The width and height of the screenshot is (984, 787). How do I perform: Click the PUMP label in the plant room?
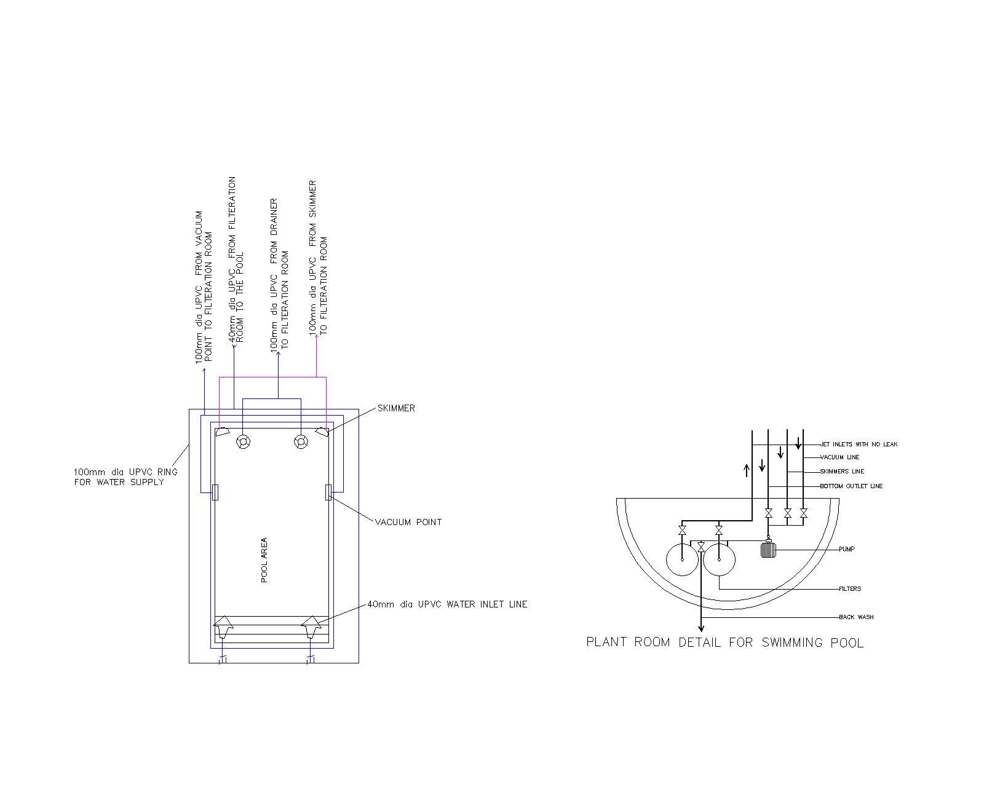(x=846, y=549)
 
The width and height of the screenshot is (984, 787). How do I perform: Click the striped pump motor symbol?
(x=768, y=549)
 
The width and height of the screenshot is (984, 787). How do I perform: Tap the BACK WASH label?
(x=856, y=617)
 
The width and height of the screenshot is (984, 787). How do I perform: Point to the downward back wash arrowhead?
(x=701, y=628)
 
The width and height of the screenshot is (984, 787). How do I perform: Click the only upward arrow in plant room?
(x=747, y=470)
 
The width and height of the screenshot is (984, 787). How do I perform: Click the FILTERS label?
(x=850, y=588)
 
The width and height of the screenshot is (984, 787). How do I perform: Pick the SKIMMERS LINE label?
(x=842, y=472)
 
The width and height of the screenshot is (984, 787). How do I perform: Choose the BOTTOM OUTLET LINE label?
(x=851, y=486)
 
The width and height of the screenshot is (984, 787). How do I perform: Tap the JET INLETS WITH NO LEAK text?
(x=859, y=444)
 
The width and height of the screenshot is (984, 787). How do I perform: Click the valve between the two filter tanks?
(x=701, y=547)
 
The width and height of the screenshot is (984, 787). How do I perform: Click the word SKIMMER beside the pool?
(x=396, y=408)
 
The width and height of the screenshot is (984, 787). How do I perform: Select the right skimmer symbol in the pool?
(x=321, y=432)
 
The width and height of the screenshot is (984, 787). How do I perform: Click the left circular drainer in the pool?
(x=242, y=441)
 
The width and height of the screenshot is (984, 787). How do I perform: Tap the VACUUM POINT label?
(x=408, y=522)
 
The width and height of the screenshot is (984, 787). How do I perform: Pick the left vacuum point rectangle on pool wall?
(x=215, y=492)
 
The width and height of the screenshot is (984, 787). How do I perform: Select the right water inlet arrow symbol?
(x=311, y=628)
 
